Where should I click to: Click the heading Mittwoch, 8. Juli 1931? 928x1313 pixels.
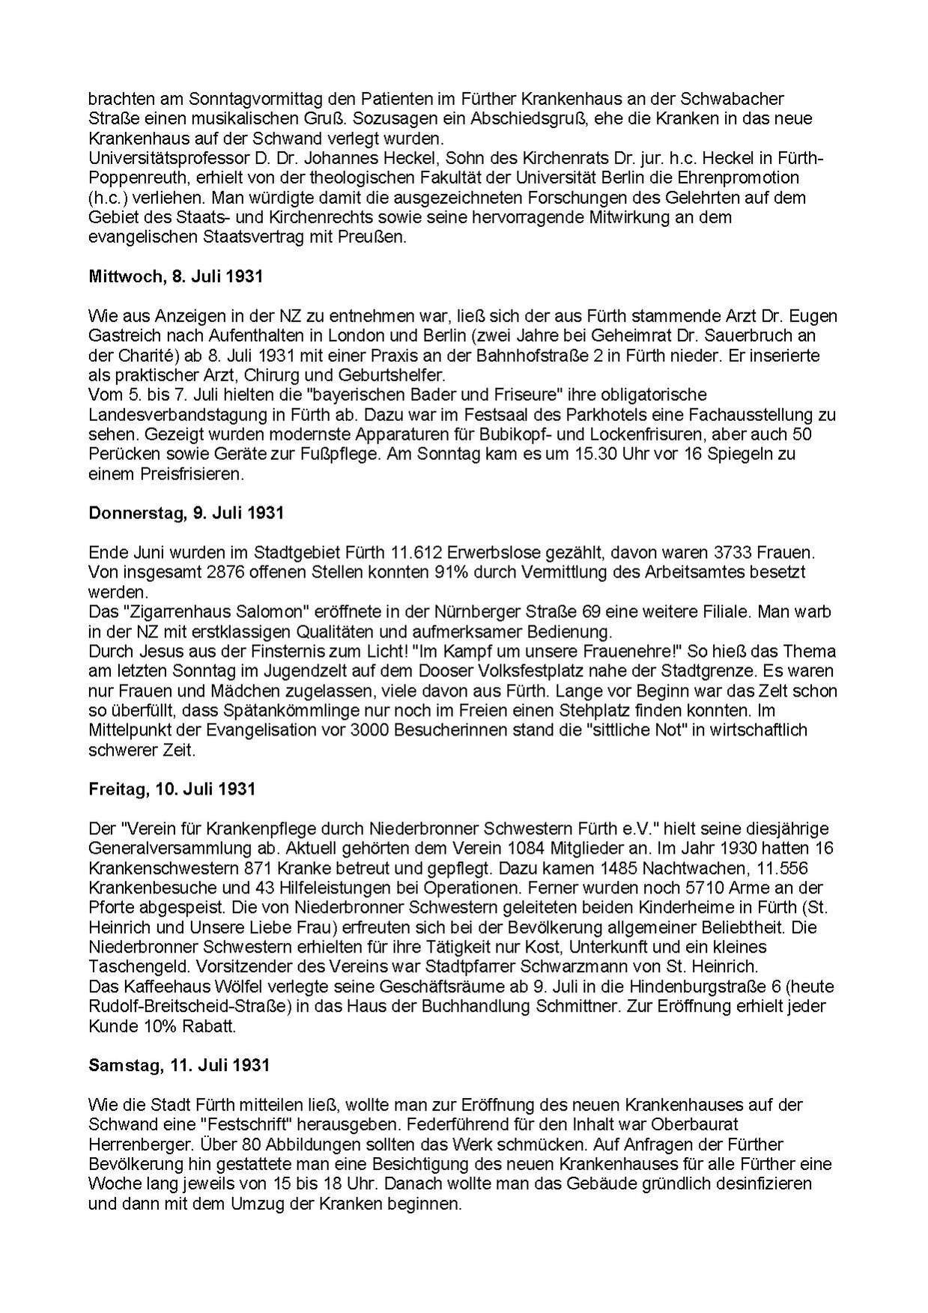point(175,276)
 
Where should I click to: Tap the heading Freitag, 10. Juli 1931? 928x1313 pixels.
point(172,789)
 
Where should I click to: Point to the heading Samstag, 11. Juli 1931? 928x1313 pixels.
point(178,1064)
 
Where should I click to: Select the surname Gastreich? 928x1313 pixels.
point(123,336)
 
